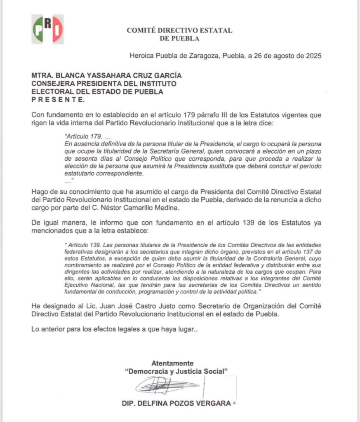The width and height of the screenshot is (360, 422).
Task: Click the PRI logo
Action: click(x=48, y=29)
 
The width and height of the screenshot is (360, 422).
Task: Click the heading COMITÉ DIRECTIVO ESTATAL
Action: click(x=179, y=30)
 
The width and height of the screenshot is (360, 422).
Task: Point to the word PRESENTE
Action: click(x=58, y=100)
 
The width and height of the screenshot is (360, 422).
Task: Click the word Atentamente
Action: click(x=172, y=363)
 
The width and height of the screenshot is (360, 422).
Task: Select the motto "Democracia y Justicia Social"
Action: click(x=176, y=371)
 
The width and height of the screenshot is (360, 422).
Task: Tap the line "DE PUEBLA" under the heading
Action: click(x=179, y=39)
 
